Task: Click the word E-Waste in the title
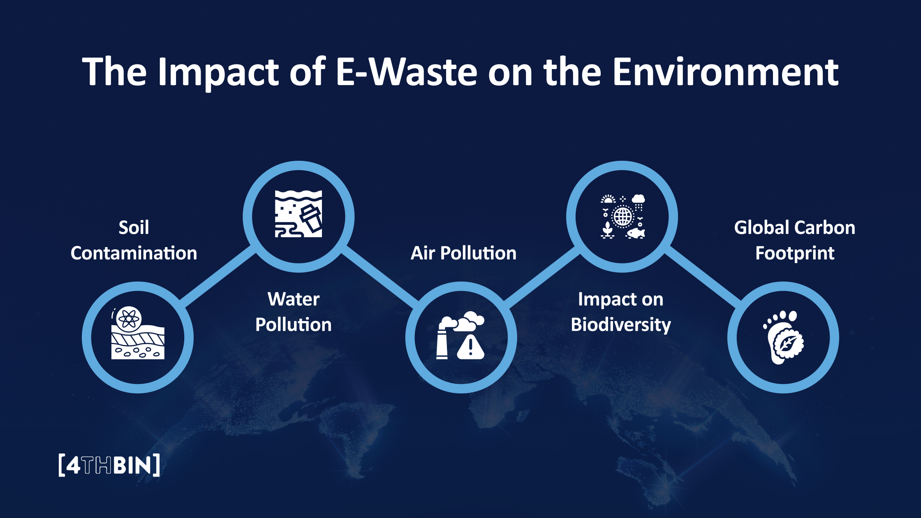[406, 72]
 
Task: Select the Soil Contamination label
[134, 240]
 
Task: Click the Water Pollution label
[293, 312]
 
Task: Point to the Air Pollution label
[463, 253]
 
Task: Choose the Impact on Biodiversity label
[620, 312]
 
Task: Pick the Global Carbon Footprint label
[794, 240]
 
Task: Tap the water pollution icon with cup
[299, 214]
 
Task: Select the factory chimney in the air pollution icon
[443, 341]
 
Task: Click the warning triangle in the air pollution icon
[470, 347]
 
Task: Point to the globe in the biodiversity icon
[622, 216]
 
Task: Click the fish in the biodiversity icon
[636, 234]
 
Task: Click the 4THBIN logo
[109, 465]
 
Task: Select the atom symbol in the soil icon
[129, 318]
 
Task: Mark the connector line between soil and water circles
[218, 277]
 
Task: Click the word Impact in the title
[218, 72]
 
